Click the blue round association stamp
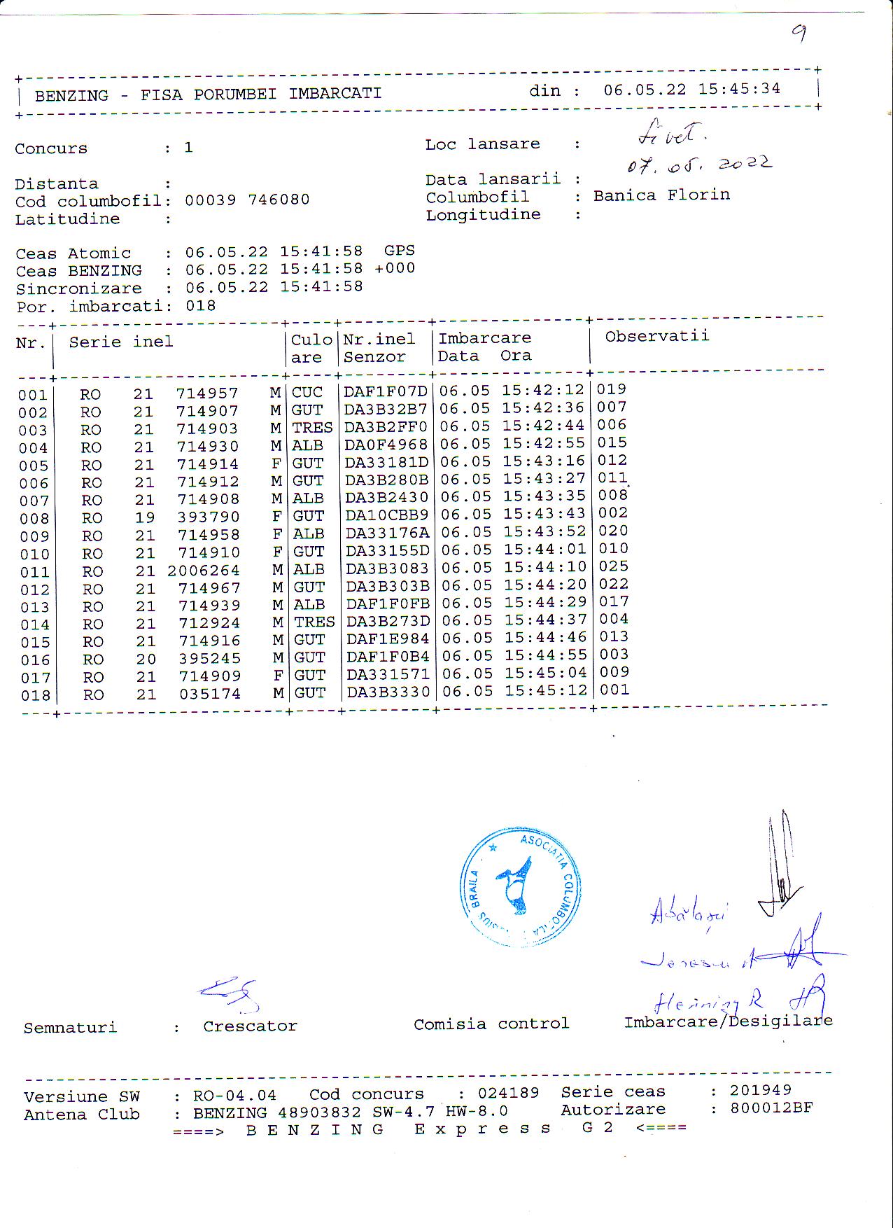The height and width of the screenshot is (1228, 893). point(520,886)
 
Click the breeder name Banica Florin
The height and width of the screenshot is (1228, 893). point(661,195)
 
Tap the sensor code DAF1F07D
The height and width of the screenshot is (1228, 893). point(385,391)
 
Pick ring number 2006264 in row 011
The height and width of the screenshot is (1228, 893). point(203,571)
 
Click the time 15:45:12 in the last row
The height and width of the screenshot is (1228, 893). point(545,691)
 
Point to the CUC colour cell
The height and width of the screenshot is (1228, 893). point(307,392)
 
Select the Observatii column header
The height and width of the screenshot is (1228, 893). point(656,336)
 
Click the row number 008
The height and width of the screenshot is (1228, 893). point(34,519)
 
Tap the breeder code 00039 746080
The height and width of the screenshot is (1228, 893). point(247,200)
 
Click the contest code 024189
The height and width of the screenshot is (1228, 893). point(508,1093)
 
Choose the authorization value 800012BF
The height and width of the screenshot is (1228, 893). point(771,1108)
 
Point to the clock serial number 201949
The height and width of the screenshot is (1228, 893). point(760,1090)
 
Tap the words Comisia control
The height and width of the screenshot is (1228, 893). point(491,1024)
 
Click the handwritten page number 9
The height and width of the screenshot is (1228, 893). point(799,32)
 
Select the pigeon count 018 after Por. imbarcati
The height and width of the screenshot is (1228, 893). point(201,306)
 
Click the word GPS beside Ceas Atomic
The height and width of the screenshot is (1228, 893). point(399,251)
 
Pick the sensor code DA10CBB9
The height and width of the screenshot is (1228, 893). point(386,515)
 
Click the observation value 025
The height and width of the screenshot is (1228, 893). point(613,566)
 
